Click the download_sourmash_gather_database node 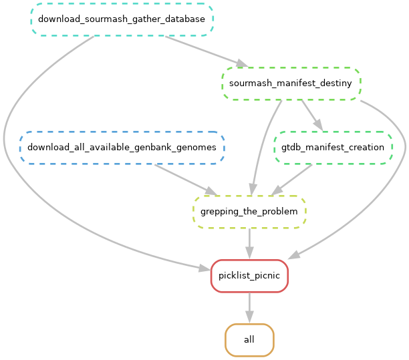point(122,19)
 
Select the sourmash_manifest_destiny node point(291,83)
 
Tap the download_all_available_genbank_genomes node point(122,147)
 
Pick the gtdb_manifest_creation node point(333,147)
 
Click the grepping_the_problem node point(249,212)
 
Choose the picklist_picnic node point(249,276)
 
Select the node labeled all point(249,339)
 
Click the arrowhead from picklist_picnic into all point(249,318)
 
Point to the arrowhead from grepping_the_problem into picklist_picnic point(249,254)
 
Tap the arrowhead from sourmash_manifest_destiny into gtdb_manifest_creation point(319,126)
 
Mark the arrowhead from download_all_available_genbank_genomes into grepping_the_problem point(210,192)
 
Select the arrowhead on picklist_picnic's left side point(204,268)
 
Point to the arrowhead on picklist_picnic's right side point(294,256)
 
